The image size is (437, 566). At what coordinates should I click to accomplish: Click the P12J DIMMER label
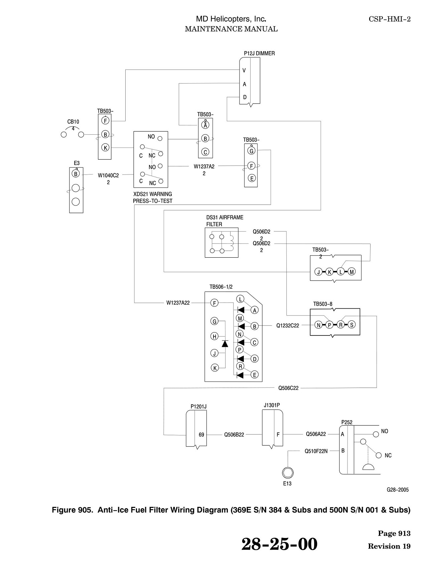point(259,53)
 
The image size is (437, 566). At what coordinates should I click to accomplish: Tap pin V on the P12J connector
point(244,70)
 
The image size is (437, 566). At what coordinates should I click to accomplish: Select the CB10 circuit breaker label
point(73,122)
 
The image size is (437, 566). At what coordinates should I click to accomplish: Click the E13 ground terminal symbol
point(287,472)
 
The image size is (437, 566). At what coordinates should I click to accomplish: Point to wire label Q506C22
point(289,388)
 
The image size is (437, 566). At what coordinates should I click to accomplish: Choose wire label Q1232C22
point(288,325)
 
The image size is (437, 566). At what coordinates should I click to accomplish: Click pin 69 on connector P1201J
point(201,435)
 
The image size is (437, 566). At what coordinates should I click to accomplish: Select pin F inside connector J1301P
point(278,435)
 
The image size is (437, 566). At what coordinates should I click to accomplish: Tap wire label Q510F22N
point(316,451)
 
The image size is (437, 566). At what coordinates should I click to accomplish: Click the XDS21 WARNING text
point(152,194)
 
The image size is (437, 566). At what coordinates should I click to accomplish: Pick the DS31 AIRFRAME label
point(225,218)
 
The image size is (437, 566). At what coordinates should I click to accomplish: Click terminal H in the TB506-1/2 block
point(214,336)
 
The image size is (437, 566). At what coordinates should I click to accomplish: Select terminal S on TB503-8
point(351,324)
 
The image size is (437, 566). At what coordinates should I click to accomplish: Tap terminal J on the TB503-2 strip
point(319,272)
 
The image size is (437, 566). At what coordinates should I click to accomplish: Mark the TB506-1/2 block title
point(221,287)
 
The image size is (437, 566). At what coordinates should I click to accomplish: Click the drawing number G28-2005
point(398,490)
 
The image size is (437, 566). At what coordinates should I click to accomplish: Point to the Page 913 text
point(394,534)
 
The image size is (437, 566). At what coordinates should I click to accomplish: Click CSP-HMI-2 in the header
point(390,19)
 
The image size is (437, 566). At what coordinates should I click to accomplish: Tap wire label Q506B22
point(234,435)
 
